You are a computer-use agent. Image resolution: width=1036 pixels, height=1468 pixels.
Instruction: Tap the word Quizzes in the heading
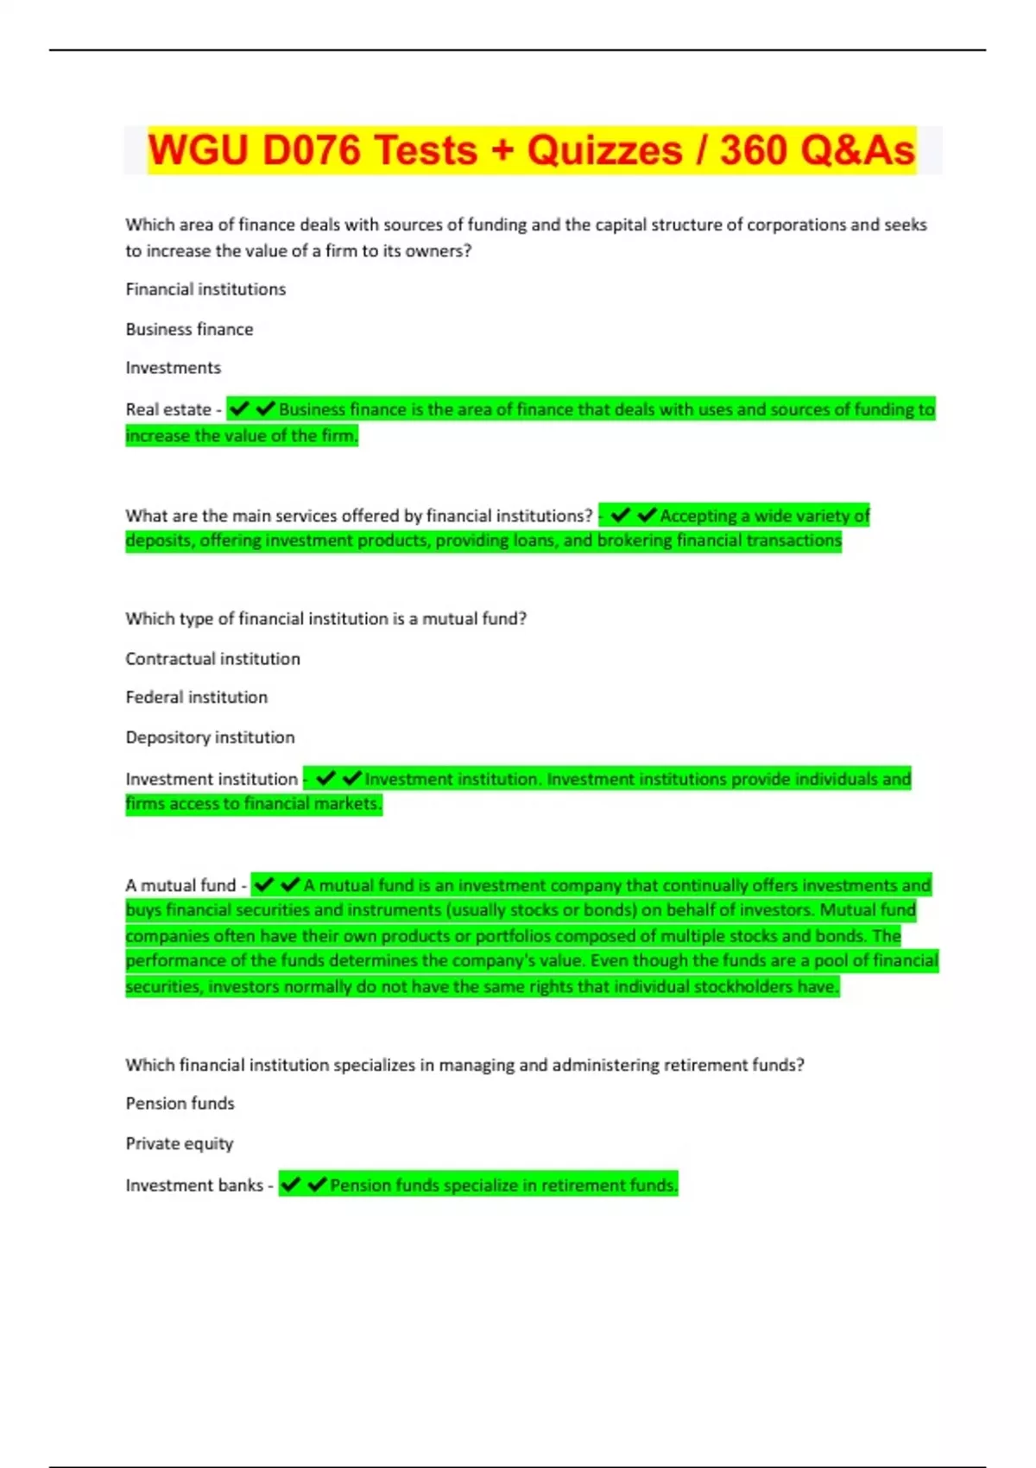click(x=604, y=150)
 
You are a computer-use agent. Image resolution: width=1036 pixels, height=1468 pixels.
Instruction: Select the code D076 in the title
click(x=312, y=150)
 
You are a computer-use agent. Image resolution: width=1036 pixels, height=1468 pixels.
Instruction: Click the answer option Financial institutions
click(x=205, y=289)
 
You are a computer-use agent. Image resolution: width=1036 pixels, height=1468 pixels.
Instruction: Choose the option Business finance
click(x=189, y=329)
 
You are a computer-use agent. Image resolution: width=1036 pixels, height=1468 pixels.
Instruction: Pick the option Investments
click(x=173, y=368)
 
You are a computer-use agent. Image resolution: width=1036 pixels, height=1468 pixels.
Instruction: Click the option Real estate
click(x=168, y=409)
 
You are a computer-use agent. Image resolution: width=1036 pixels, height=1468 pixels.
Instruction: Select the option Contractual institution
click(x=212, y=659)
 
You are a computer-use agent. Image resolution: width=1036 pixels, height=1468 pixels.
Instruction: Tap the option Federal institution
click(x=196, y=697)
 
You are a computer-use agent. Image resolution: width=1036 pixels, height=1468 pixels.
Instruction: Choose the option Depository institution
click(x=210, y=737)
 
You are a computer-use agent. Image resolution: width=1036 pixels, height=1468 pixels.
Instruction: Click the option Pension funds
click(x=180, y=1104)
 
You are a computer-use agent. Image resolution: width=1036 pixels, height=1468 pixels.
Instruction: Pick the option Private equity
click(x=179, y=1143)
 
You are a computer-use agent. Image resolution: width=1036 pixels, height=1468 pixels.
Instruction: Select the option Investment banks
click(x=194, y=1186)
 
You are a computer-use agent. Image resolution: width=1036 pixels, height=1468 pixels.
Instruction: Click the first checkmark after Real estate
click(x=239, y=408)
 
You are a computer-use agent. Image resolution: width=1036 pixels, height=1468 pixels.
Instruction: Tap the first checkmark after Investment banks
click(x=291, y=1185)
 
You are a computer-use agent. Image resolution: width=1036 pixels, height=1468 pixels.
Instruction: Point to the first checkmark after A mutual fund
click(x=264, y=884)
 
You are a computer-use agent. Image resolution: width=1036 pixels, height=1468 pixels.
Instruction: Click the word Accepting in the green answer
click(x=698, y=516)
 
